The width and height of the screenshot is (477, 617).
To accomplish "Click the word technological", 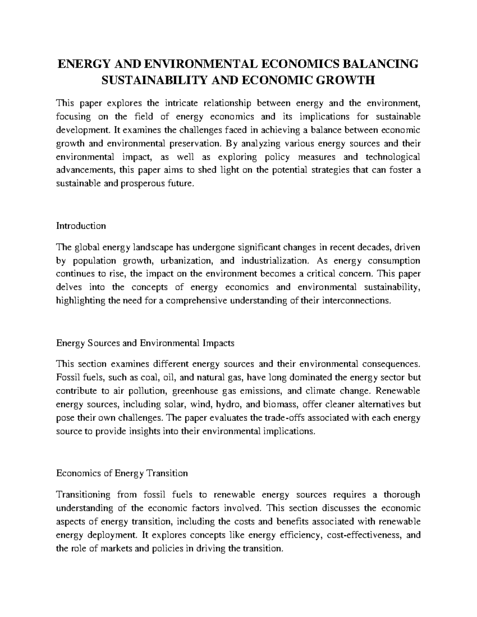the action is tap(393, 157).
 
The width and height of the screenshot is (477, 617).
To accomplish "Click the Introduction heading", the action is tap(81, 226).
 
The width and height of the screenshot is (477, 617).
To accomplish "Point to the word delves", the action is tap(68, 287).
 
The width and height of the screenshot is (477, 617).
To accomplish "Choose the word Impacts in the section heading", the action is tap(218, 343).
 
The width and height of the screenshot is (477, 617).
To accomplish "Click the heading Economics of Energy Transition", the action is tap(122, 474).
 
